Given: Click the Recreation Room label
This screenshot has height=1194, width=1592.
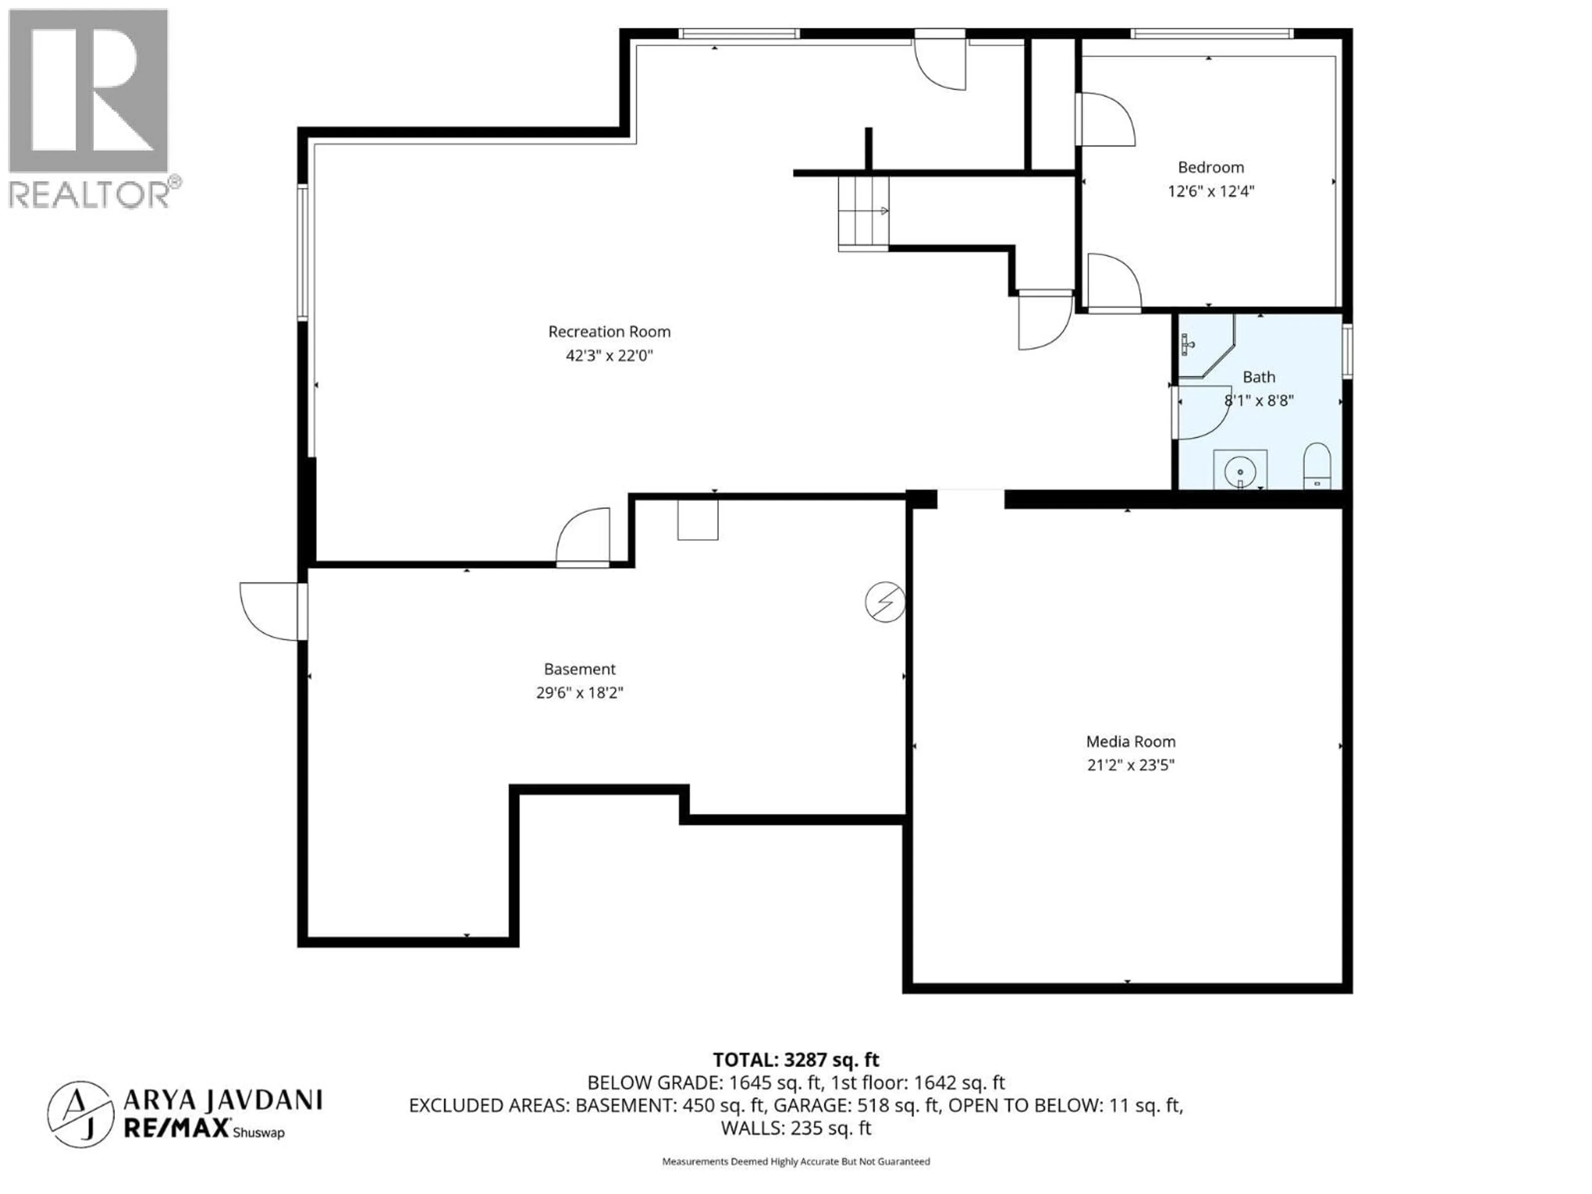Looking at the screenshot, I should [609, 332].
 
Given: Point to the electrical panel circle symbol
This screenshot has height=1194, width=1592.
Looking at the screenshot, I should [885, 602].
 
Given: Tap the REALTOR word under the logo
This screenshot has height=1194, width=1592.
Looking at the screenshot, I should [90, 195].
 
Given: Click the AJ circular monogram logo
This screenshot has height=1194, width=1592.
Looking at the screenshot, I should [80, 1114].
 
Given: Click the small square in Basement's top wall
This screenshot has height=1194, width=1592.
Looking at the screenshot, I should [697, 519].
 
